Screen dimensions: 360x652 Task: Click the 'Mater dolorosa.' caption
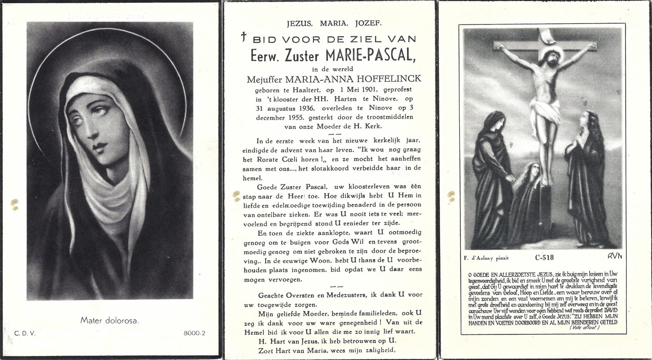click(x=110, y=320)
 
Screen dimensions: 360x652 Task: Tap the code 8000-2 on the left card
click(x=194, y=333)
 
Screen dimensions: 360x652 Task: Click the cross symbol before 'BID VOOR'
click(x=244, y=38)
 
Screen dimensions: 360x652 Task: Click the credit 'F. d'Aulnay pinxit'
click(x=486, y=258)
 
